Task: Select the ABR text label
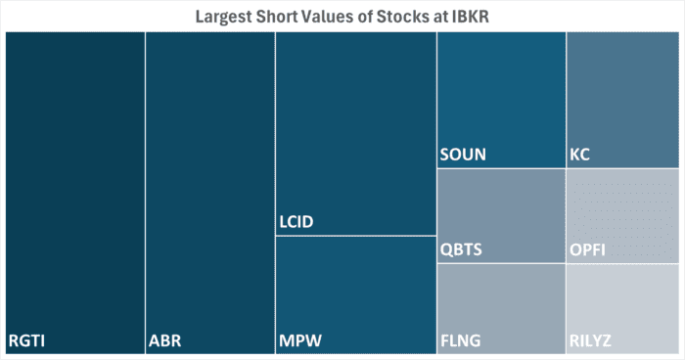164,341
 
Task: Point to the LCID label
297,223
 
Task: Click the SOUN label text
463,155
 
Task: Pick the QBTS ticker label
461,249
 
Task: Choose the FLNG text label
461,341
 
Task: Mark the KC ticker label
579,155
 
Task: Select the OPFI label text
587,249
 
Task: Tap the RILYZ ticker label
592,341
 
